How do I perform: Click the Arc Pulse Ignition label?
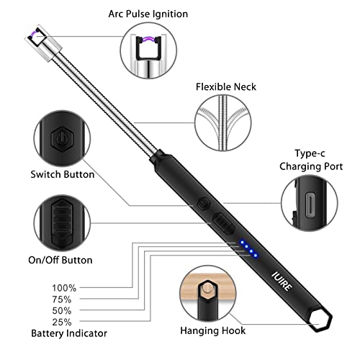pos(148,14)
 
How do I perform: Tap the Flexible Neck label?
pos(226,87)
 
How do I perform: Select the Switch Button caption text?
pos(63,174)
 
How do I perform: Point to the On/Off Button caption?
pos(60,260)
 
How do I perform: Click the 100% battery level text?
pos(64,288)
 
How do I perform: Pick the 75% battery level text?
pos(62,300)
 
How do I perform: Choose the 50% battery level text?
pos(62,311)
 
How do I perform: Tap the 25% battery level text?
pos(62,322)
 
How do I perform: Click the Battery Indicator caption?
pos(69,333)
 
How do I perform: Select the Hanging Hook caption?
pos(213,330)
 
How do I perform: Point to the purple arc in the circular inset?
pos(148,39)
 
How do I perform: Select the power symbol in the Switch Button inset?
pos(62,139)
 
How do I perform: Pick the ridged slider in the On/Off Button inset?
pos(62,221)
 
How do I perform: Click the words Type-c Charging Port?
pos(311,160)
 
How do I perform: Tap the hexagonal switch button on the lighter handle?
pos(204,204)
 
